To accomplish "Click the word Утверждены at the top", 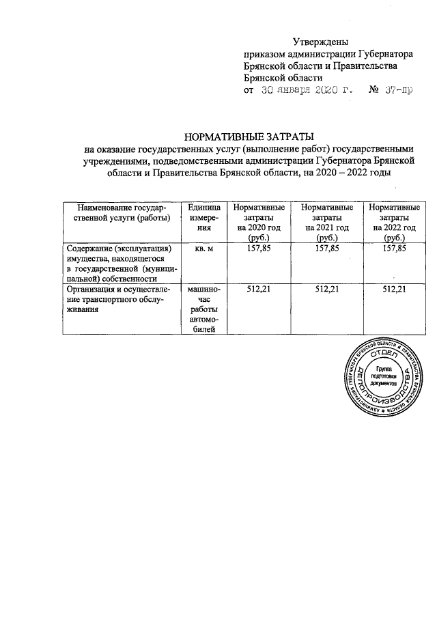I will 320,43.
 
